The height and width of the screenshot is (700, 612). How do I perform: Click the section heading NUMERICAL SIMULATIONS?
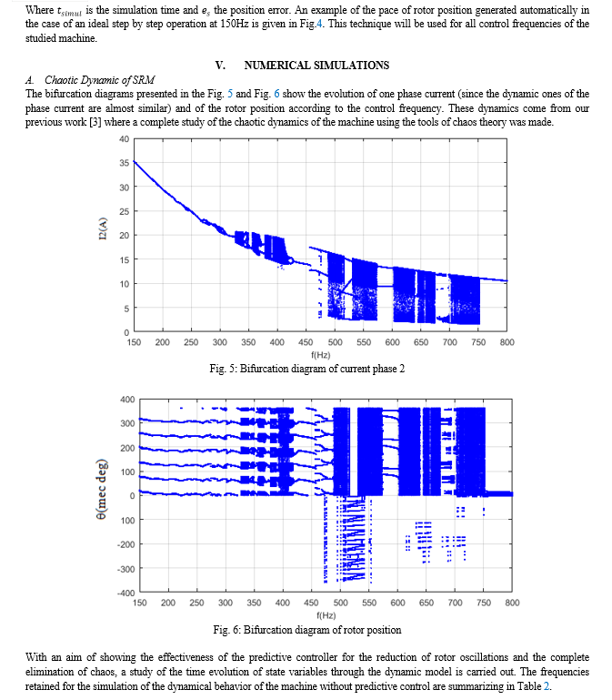[316, 66]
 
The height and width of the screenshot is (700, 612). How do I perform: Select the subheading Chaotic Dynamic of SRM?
[99, 80]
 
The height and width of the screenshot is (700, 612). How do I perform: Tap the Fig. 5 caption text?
[307, 369]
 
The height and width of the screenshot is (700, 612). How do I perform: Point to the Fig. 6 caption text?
[307, 630]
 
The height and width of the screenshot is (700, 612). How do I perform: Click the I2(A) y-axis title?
[103, 228]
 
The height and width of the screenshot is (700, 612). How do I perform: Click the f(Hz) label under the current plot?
[321, 355]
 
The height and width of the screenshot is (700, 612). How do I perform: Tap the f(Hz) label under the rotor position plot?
[326, 615]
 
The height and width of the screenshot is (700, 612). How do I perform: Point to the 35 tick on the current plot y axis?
[124, 163]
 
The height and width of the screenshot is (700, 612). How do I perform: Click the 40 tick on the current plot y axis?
[124, 139]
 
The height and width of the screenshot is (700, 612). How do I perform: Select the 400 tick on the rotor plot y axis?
[127, 399]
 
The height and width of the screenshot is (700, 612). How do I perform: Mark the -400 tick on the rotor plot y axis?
[126, 593]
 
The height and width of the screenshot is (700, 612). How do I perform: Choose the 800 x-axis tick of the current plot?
[507, 342]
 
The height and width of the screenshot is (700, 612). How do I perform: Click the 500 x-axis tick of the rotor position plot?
[341, 603]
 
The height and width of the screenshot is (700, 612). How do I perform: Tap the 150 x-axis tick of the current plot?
[134, 342]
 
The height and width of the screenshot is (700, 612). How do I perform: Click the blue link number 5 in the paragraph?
[230, 94]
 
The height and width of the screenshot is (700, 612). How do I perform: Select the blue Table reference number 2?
[547, 686]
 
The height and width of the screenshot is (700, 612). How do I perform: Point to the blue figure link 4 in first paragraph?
[319, 24]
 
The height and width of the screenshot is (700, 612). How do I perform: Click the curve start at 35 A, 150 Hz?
[135, 161]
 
